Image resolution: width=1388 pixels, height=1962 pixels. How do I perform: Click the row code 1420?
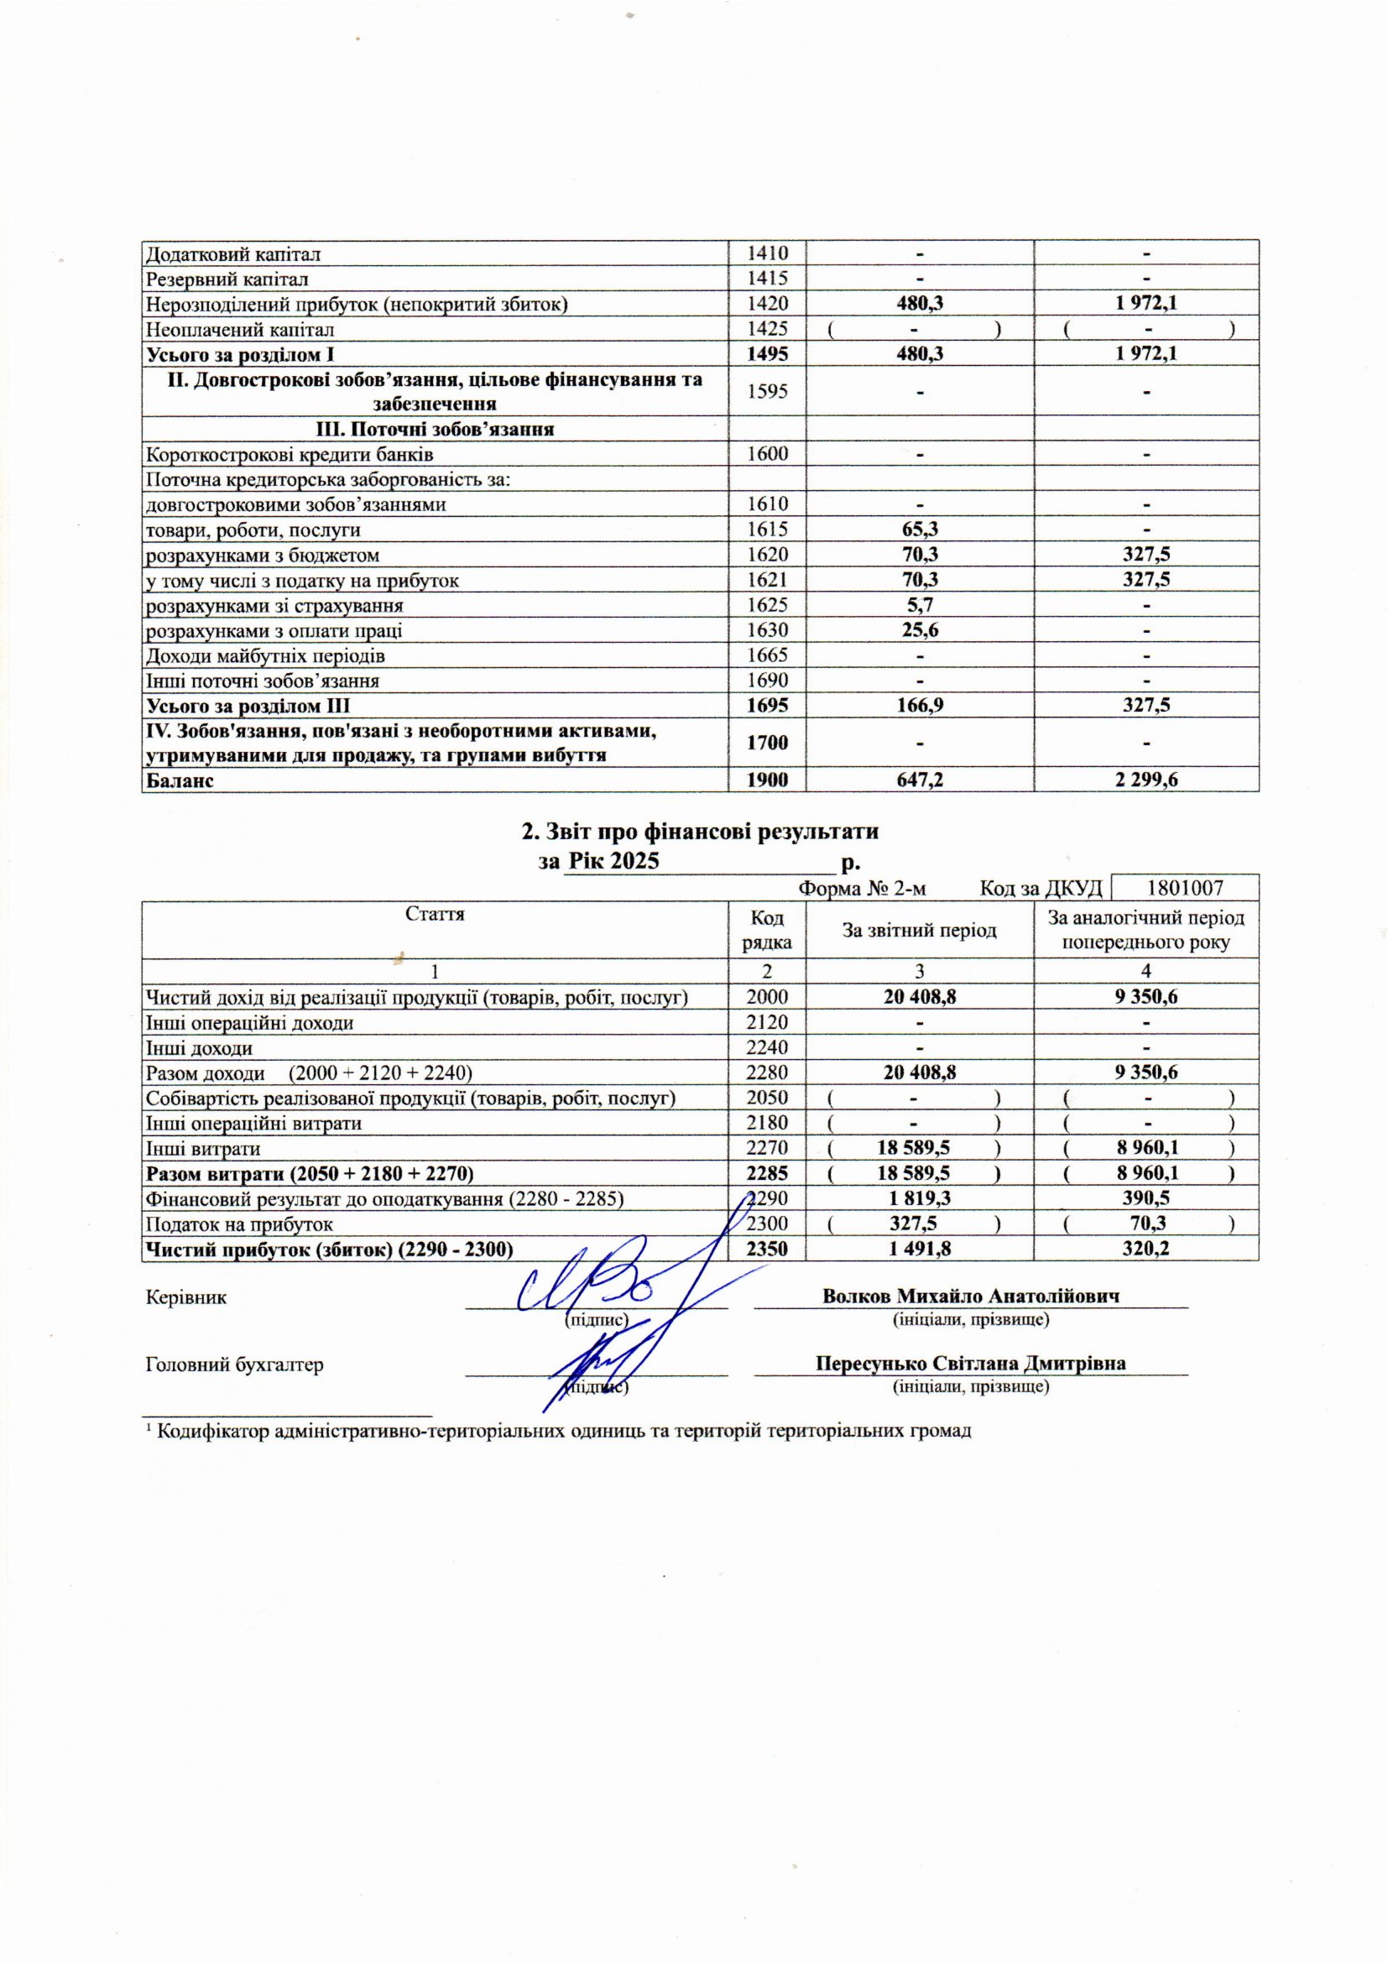[767, 303]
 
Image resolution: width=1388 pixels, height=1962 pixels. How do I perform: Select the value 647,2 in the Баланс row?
[920, 780]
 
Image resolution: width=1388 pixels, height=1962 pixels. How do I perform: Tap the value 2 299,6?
[1146, 780]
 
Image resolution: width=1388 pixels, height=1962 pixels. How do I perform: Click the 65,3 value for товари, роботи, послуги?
[920, 530]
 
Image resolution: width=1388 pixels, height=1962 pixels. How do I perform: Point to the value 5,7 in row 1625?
[920, 606]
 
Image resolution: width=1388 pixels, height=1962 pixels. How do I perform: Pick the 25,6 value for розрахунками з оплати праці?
[920, 631]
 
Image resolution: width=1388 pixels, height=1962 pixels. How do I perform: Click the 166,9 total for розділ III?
[920, 706]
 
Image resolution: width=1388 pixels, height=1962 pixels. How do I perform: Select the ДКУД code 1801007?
[1185, 888]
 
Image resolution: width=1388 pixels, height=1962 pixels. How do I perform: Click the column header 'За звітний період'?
[920, 930]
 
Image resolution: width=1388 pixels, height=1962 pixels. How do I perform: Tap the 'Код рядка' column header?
[767, 930]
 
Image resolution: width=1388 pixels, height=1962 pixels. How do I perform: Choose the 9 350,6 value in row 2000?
[1146, 996]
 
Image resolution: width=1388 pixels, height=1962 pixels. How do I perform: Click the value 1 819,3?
[920, 1198]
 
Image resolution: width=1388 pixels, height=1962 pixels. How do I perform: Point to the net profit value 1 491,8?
[920, 1249]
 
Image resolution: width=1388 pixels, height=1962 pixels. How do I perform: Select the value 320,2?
[1146, 1249]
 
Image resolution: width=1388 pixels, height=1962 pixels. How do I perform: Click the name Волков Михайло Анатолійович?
[971, 1296]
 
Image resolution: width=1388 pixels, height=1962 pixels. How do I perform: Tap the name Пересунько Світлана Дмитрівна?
[970, 1363]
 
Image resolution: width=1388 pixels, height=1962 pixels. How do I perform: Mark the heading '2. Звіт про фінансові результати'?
[700, 832]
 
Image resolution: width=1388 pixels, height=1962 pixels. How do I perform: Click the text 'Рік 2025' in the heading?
[613, 860]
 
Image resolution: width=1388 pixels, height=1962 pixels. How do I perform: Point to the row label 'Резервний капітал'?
[227, 279]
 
